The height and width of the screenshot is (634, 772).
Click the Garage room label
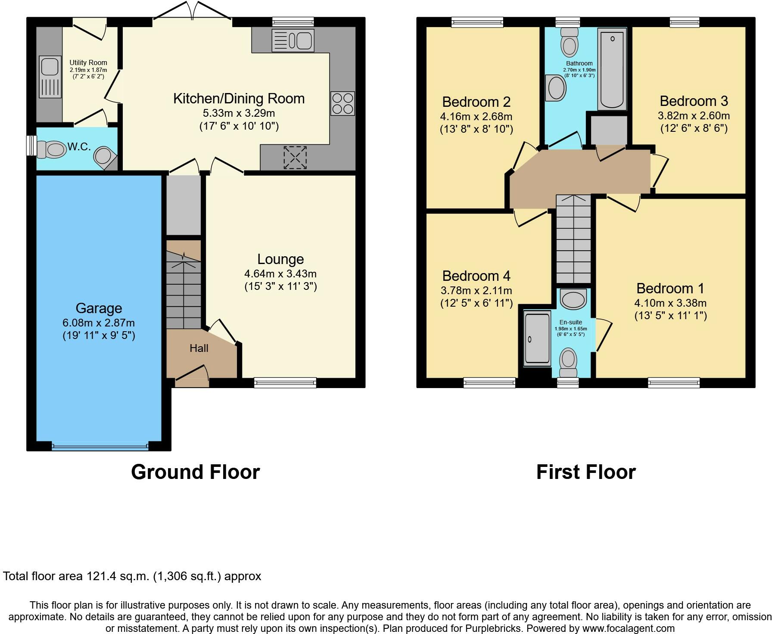(99, 308)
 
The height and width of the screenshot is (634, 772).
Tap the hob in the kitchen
(342, 103)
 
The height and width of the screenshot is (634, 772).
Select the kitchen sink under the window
(293, 40)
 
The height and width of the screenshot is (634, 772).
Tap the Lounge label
(280, 259)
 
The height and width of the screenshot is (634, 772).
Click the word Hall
(199, 348)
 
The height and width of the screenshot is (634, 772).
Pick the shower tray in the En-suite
(537, 339)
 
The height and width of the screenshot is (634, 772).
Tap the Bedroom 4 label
(476, 276)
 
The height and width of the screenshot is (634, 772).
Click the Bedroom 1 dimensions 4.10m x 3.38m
(670, 303)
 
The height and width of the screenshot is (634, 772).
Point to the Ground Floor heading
(195, 472)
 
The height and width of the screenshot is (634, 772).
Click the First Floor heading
(586, 472)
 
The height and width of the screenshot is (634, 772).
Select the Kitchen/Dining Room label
(239, 99)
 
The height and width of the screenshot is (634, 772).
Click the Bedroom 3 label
(694, 101)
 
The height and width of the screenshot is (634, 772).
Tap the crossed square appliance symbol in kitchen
(295, 158)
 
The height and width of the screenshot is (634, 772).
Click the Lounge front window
(285, 382)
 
